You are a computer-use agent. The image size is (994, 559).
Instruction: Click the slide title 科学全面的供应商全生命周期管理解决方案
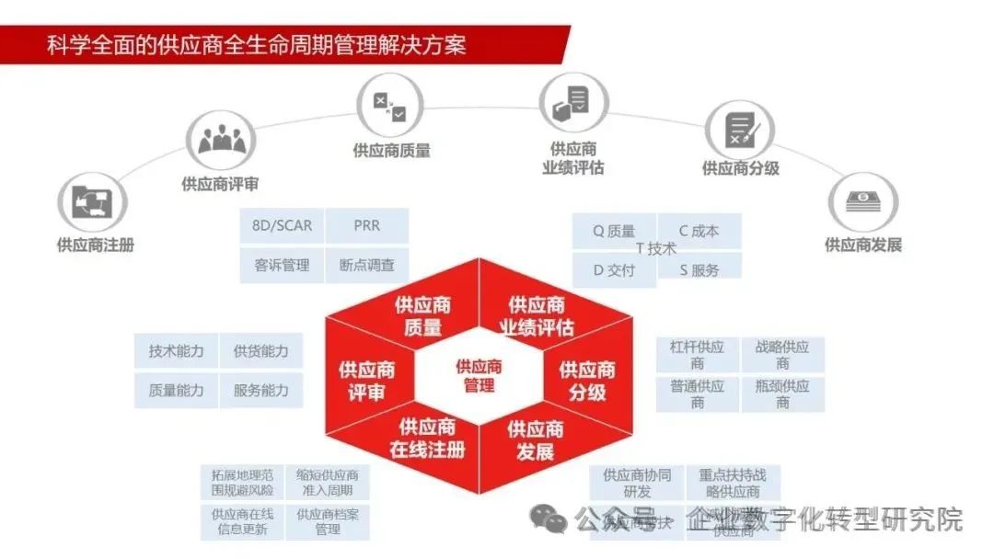pos(257,44)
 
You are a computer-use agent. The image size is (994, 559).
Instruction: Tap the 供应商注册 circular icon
pos(93,201)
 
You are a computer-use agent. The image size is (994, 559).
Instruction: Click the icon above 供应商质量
pos(389,104)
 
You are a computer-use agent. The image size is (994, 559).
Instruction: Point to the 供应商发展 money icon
pos(863,200)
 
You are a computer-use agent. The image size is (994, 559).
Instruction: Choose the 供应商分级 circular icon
pos(739,128)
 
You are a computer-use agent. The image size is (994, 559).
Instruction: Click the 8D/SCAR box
pos(282,226)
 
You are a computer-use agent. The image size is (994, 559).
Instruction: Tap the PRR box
pos(366,226)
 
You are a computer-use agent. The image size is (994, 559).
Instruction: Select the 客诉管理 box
pos(282,266)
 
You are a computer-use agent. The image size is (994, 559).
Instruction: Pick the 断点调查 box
pos(366,266)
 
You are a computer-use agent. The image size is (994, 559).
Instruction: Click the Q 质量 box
pos(614,232)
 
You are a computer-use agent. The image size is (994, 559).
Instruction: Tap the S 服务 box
pos(699,270)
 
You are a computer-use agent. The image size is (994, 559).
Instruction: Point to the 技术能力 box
pos(176,351)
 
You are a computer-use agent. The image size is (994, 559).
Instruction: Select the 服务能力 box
pos(261,391)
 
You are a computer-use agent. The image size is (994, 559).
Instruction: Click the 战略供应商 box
pos(782,355)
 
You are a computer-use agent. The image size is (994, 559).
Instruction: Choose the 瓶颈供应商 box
pos(782,394)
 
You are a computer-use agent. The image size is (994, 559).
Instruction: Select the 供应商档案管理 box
pos(328,521)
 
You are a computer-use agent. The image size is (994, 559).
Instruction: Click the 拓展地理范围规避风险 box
pos(242,483)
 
